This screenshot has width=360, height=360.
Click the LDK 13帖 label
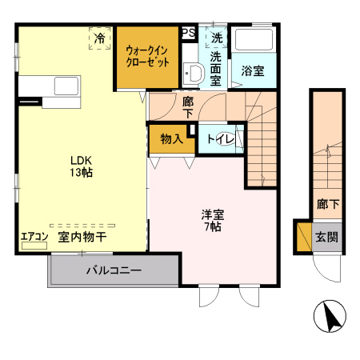[80, 163]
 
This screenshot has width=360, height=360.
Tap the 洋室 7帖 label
[211, 220]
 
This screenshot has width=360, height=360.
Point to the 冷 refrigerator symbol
[100, 38]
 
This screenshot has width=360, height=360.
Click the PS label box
[188, 33]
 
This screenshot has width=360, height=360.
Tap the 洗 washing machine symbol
[217, 37]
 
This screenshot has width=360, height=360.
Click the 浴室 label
[253, 70]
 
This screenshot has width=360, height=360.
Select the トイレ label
[220, 140]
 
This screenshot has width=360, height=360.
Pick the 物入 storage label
[171, 139]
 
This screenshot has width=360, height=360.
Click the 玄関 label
[326, 237]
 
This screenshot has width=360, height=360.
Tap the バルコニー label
[114, 271]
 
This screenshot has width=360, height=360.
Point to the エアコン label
[34, 237]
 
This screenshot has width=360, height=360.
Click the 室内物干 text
[83, 238]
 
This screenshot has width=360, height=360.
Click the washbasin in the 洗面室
[193, 74]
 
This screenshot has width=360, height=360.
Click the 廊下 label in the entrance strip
[326, 204]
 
